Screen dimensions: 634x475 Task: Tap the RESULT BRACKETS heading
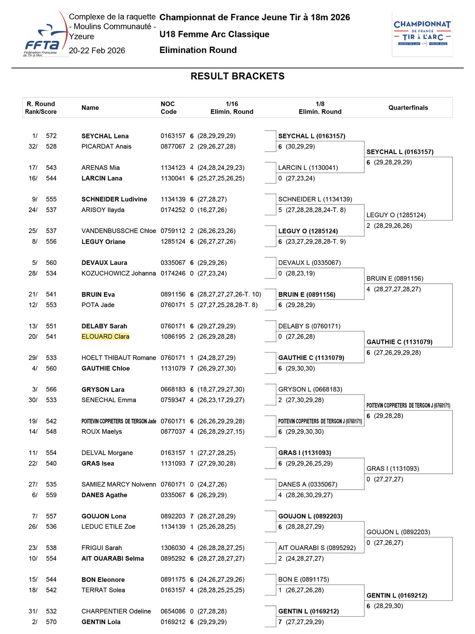pyautogui.click(x=237, y=76)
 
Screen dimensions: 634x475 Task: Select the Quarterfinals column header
pyautogui.click(x=408, y=108)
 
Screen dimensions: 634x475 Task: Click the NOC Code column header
pyautogui.click(x=169, y=108)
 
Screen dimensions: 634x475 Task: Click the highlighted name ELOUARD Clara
pyautogui.click(x=105, y=336)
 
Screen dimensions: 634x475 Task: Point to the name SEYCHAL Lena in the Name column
pyautogui.click(x=105, y=136)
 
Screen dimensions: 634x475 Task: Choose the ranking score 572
pyautogui.click(x=51, y=136)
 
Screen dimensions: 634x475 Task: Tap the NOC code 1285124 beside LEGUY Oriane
pyautogui.click(x=173, y=241)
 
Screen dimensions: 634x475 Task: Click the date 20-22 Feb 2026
pyautogui.click(x=97, y=50)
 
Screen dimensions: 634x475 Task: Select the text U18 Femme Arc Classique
pyautogui.click(x=214, y=34)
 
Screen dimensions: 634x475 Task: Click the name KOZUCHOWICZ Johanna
pyautogui.click(x=118, y=273)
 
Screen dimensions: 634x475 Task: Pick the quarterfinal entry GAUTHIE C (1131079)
pyautogui.click(x=399, y=342)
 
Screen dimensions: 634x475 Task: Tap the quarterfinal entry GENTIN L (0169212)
pyautogui.click(x=397, y=595)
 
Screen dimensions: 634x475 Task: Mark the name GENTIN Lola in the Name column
pyautogui.click(x=101, y=622)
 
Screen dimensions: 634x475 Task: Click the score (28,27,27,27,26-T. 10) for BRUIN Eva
pyautogui.click(x=229, y=294)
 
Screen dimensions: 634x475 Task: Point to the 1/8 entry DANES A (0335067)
pyautogui.click(x=308, y=484)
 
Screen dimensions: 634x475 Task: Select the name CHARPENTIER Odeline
pyautogui.click(x=116, y=611)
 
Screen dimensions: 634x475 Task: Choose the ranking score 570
pyautogui.click(x=51, y=622)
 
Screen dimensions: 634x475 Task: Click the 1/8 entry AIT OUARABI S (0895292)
pyautogui.click(x=317, y=548)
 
